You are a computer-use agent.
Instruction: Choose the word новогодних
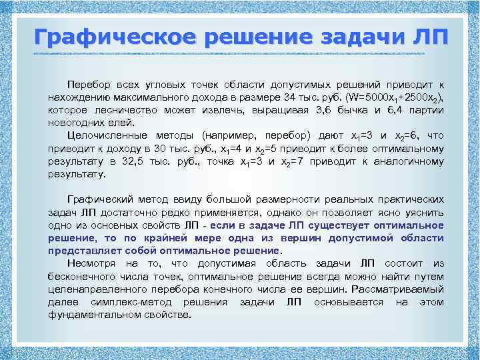coord(77,123)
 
